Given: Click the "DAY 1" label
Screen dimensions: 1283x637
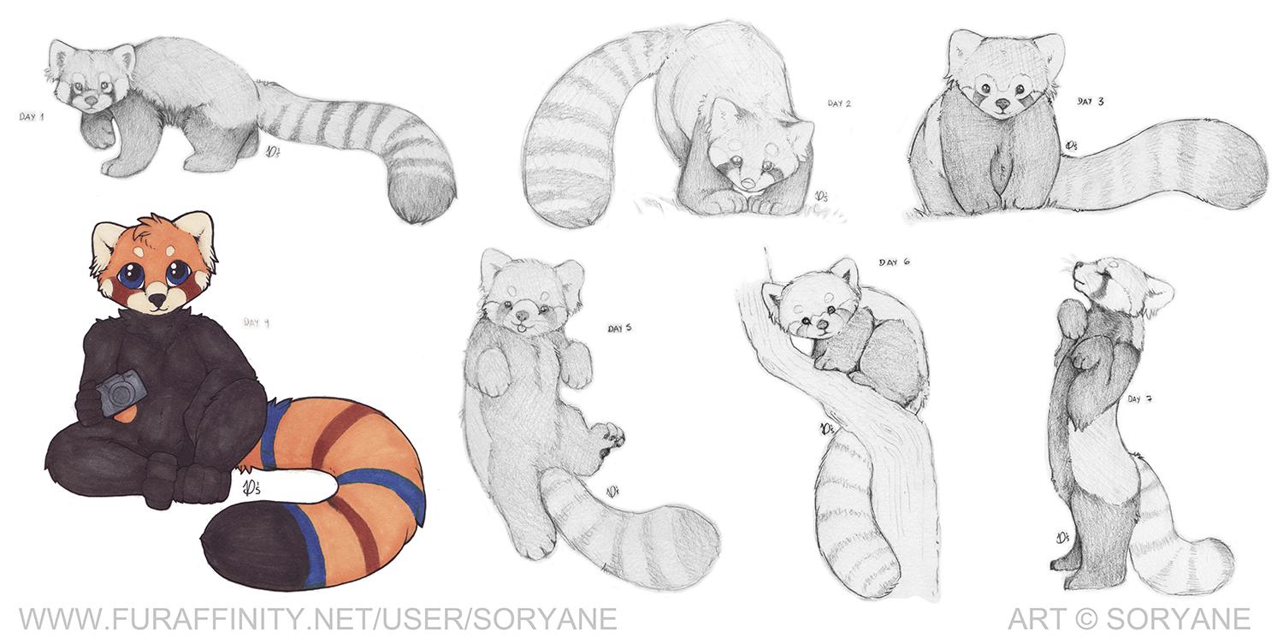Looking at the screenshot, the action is coord(32,117).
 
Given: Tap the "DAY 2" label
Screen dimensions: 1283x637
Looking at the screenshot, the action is coord(839,103).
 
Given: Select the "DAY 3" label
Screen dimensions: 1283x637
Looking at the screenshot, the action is coord(1090,101).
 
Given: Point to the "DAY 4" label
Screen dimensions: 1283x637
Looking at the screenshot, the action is coord(257,322).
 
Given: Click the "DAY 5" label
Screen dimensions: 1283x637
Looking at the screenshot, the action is coord(620,328).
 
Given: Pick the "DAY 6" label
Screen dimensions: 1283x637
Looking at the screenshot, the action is coord(894,262).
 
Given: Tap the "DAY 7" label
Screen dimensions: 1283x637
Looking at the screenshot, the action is coord(1140,399).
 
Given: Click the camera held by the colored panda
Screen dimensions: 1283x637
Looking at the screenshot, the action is coord(119,392).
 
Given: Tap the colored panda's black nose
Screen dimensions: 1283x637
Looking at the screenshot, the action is coord(155,298).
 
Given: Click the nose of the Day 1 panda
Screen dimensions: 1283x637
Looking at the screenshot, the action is coord(90,99).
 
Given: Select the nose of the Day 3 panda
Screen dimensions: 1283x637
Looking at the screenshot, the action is coord(1002,104).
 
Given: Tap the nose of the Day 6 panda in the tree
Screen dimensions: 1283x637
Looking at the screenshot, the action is coord(821,325).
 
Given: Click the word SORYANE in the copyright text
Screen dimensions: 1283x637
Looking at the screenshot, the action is coord(1179,619).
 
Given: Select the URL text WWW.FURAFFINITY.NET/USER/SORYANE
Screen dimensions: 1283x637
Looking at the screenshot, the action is coord(318,619).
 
